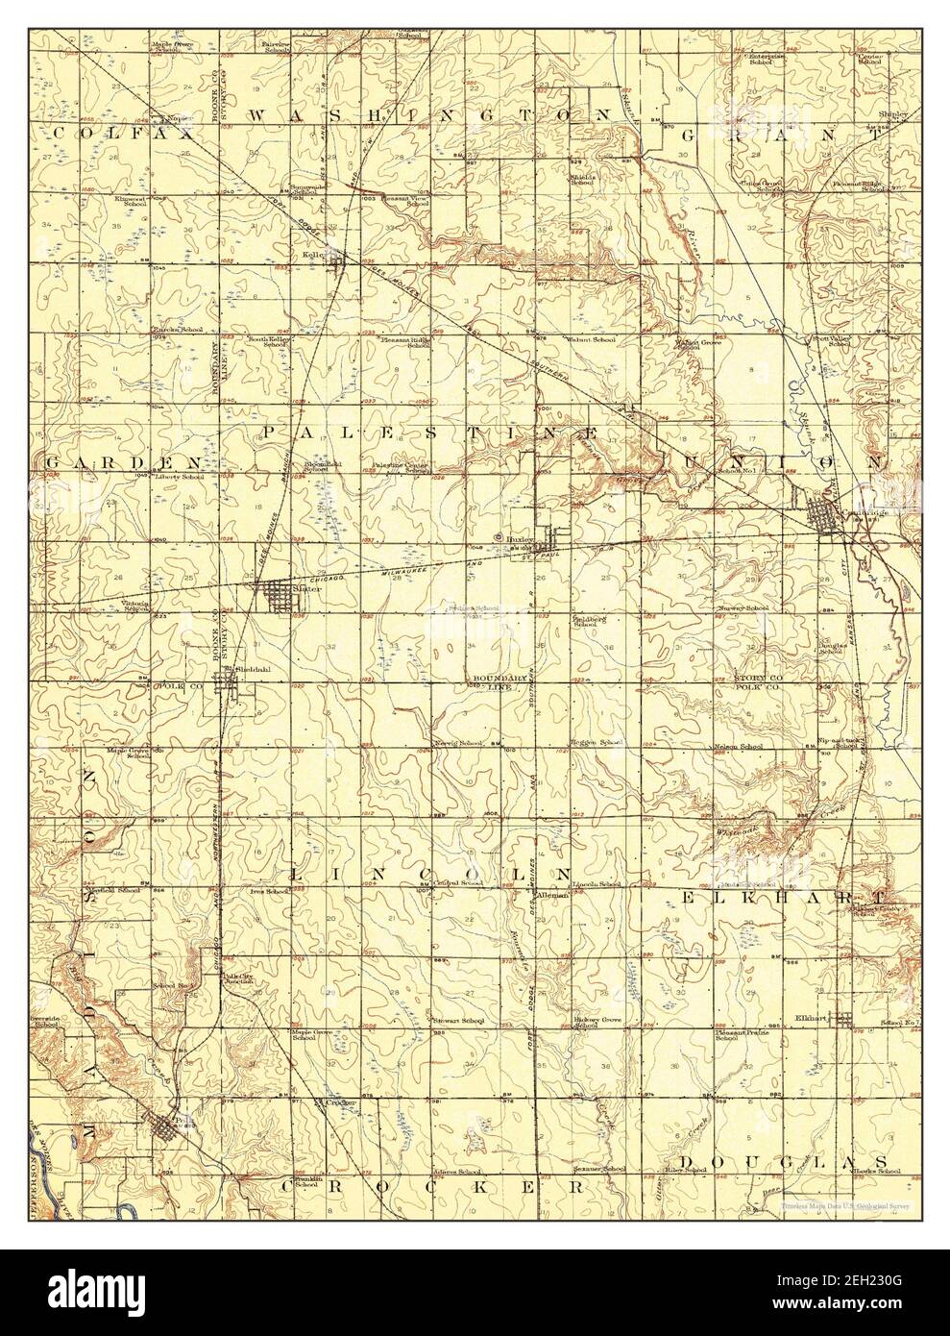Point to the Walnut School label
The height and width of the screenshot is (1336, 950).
591,339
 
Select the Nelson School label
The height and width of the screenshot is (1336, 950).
739,746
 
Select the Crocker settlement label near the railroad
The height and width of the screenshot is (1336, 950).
341,1101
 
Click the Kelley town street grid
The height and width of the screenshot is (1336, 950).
337,259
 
